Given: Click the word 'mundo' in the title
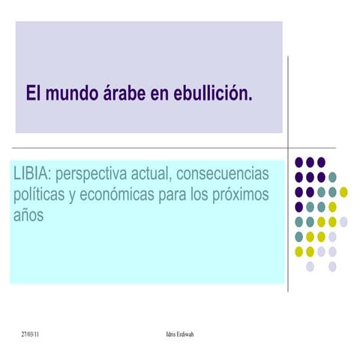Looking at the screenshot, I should point(70,95).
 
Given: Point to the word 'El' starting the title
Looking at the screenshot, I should point(32,95).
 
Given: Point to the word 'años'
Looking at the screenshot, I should point(29,215).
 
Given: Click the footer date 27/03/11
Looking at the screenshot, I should point(31,332).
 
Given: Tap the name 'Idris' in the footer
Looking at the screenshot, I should point(170,332).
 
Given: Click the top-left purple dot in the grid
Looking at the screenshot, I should point(299,162).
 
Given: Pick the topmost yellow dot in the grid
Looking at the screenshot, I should point(343,192).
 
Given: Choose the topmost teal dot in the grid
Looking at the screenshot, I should point(332,177).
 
